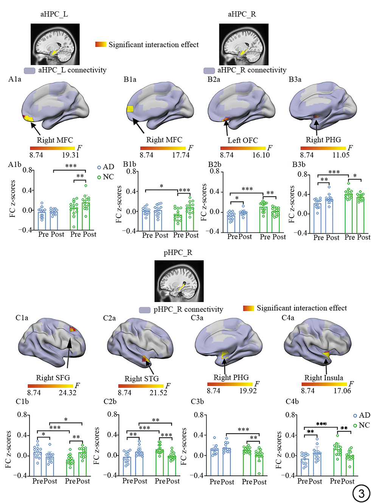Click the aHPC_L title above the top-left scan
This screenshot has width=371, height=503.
coord(54,14)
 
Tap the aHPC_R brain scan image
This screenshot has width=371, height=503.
coord(244,44)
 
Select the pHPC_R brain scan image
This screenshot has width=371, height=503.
coord(179,281)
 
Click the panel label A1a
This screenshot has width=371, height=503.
coord(15,79)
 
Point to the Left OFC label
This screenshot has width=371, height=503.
coord(242,140)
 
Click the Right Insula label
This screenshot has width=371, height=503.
coord(324,378)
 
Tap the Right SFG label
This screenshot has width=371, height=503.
coord(53,378)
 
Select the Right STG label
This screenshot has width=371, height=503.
coord(142,378)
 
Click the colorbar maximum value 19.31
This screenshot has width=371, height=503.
coord(70,155)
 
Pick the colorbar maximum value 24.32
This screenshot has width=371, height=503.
coord(67,393)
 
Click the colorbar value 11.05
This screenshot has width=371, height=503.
coord(341,155)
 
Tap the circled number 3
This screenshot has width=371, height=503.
coord(361,493)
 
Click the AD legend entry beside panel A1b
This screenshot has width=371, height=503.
coord(106,167)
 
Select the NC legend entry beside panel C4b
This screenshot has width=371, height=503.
coord(362,425)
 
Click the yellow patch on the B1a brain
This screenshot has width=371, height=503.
coord(130,109)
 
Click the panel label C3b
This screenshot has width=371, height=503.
coord(197,401)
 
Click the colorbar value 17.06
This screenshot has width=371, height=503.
coord(342,391)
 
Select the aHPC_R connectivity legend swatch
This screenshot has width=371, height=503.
coord(209,70)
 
